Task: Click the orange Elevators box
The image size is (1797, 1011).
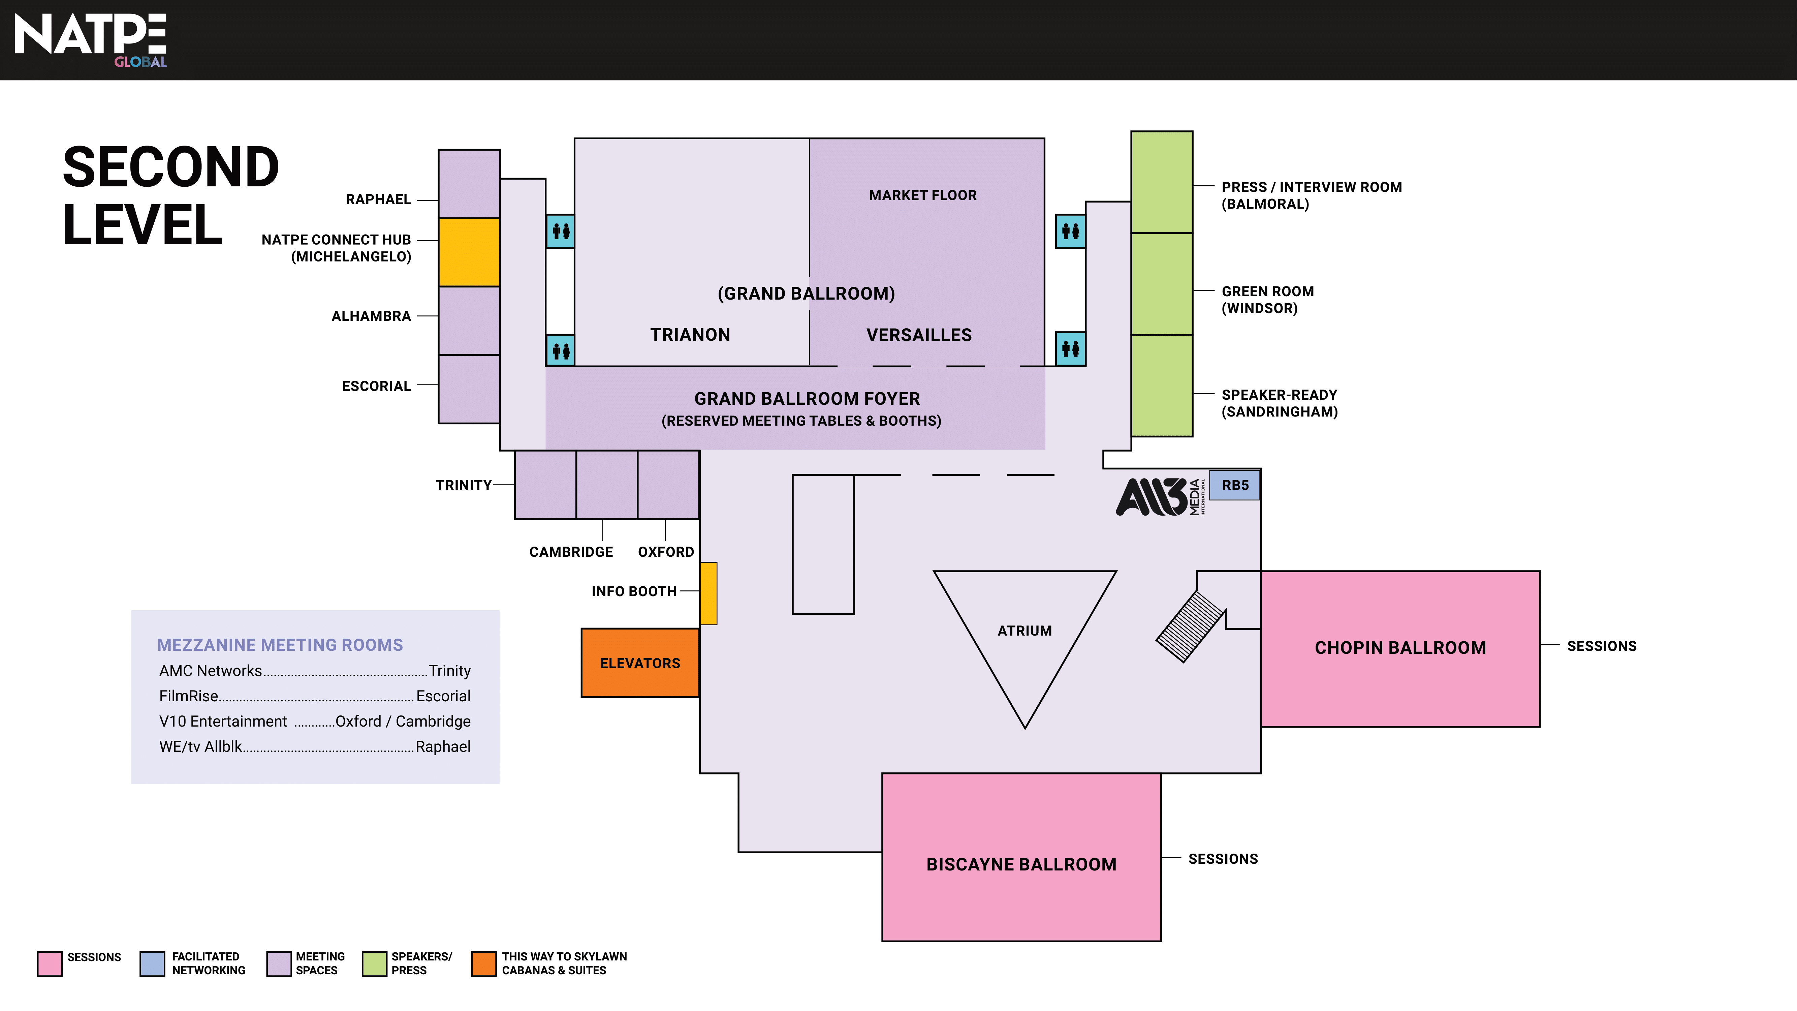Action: pyautogui.click(x=640, y=663)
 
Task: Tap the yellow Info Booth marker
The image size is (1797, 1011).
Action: pyautogui.click(x=708, y=593)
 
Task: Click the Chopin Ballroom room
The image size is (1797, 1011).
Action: pyautogui.click(x=1400, y=648)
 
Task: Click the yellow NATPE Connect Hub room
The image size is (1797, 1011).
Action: pyautogui.click(x=469, y=252)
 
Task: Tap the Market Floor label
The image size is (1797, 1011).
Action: pyautogui.click(x=922, y=195)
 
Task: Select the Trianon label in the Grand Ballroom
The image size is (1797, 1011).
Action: pyautogui.click(x=690, y=335)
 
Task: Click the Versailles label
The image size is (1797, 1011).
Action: pyautogui.click(x=919, y=335)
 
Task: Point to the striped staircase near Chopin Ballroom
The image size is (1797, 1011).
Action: pyautogui.click(x=1190, y=626)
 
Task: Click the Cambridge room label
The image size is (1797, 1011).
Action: pyautogui.click(x=571, y=552)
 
